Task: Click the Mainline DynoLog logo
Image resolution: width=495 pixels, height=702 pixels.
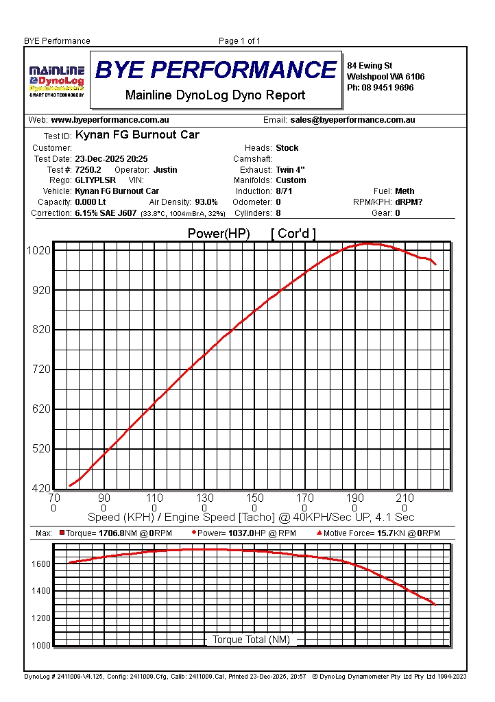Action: click(56, 81)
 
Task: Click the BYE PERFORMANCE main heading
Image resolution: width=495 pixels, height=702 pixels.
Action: click(216, 70)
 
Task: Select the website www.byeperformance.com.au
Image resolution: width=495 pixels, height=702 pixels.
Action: click(110, 120)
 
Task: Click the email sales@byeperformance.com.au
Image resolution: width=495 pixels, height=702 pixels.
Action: click(352, 120)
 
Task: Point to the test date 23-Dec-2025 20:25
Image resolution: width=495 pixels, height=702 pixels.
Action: click(111, 159)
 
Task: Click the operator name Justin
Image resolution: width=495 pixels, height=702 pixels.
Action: click(165, 170)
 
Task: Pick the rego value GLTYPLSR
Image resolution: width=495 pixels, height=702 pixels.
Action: click(95, 180)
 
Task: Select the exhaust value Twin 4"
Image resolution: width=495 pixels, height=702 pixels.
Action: click(291, 170)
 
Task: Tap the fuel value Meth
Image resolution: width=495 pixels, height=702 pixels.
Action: click(405, 191)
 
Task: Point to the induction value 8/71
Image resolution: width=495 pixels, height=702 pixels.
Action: click(284, 191)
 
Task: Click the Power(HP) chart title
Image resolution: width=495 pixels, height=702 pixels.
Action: click(219, 234)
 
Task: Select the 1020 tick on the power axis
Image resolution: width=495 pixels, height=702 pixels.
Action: click(38, 251)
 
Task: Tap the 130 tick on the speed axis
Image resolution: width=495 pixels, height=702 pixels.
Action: click(204, 498)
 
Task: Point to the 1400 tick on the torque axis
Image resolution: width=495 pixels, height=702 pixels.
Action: click(40, 591)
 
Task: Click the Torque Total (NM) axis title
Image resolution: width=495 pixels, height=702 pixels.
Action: click(251, 640)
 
